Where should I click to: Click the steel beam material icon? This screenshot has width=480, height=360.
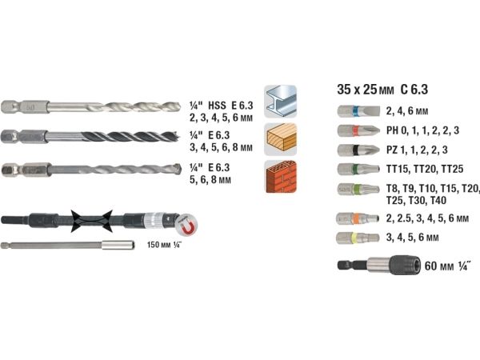pos(281,102)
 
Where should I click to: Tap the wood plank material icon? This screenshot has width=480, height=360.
pos(281,139)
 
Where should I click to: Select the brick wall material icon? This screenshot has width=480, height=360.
pos(281,177)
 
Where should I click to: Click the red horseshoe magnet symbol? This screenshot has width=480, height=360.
pos(187,225)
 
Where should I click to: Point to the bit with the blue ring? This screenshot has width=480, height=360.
pos(358,111)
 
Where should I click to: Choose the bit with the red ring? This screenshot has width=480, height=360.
pos(358,130)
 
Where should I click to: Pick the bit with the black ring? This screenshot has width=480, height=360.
pos(358,150)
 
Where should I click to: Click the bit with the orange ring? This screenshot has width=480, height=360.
pos(358,218)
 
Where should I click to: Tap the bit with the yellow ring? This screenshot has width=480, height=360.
pos(358,238)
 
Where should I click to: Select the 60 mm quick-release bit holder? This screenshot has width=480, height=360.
pos(379,265)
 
